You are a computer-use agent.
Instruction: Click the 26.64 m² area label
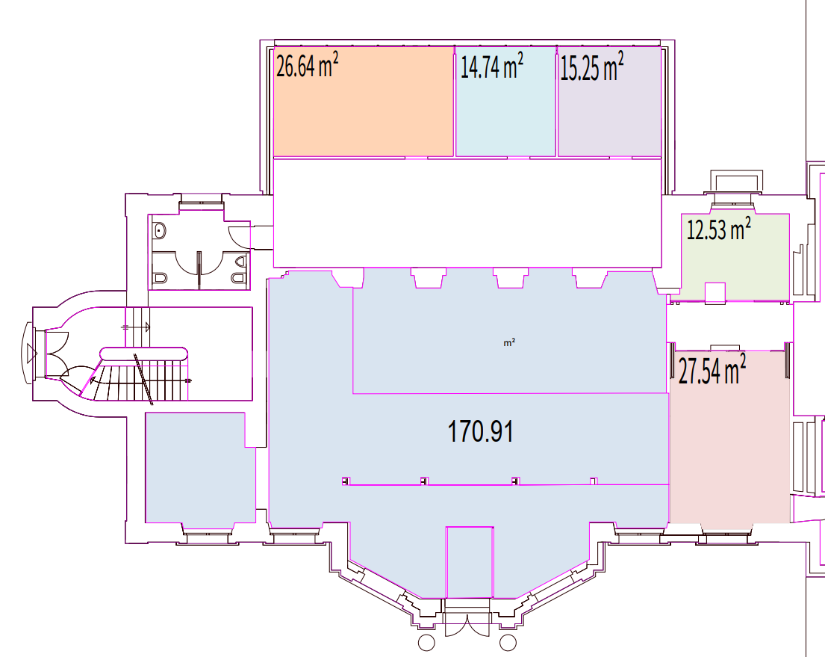[x=308, y=65]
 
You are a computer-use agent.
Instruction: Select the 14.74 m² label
[x=492, y=67]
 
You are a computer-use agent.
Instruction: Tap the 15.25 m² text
[x=592, y=67]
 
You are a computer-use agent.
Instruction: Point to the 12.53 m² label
[x=719, y=229]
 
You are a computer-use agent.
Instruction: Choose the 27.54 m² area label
[x=712, y=369]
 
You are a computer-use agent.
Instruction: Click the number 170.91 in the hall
[x=480, y=431]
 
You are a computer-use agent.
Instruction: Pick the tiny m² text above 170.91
[x=509, y=343]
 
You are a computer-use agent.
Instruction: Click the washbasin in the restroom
[x=159, y=230]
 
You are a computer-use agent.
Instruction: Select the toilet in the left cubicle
[x=160, y=277]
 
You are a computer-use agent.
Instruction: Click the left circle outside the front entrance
[x=426, y=643]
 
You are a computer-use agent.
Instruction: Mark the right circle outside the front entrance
[x=508, y=643]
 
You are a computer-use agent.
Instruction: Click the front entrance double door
[x=467, y=625]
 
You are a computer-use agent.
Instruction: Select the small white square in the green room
[x=715, y=293]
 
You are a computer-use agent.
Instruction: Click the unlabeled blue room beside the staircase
[x=200, y=468]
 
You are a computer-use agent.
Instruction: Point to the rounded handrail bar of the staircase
[x=143, y=354]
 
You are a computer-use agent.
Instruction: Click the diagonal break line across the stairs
[x=143, y=380]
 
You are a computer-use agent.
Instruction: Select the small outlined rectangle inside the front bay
[x=470, y=562]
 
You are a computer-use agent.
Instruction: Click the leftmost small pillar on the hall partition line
[x=346, y=481]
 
